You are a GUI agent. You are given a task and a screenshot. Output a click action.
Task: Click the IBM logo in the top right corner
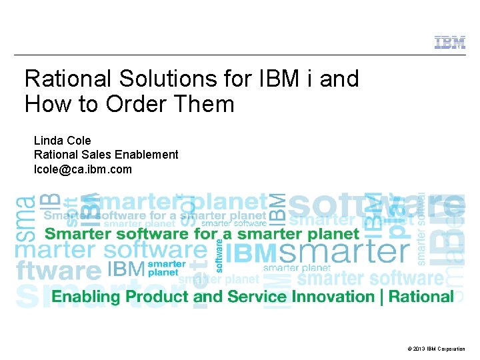[x=450, y=43]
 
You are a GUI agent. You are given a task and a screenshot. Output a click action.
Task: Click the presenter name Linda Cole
[x=63, y=141]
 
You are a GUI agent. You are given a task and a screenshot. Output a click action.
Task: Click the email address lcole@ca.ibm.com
[x=83, y=169]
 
